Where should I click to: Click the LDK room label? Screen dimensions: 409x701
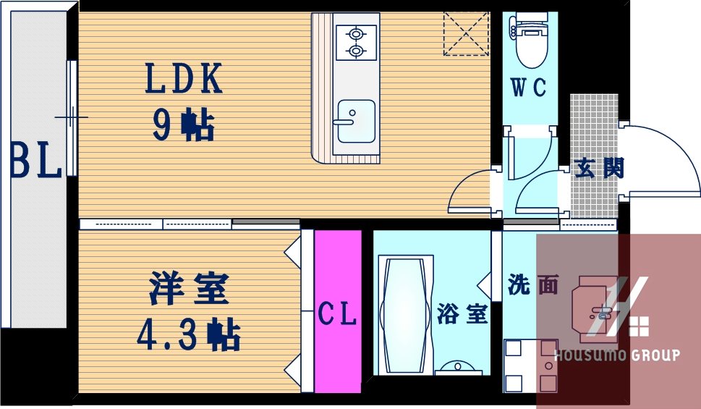pyautogui.click(x=184, y=79)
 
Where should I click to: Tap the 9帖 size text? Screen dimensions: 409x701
pyautogui.click(x=183, y=126)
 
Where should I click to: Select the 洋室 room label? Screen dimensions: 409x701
pyautogui.click(x=190, y=288)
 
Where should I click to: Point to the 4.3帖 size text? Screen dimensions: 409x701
pyautogui.click(x=189, y=334)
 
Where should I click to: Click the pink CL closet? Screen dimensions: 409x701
pyautogui.click(x=338, y=312)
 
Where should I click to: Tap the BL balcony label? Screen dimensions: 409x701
pyautogui.click(x=35, y=161)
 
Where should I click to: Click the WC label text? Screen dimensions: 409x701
pyautogui.click(x=529, y=88)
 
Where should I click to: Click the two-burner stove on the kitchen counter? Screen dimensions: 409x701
pyautogui.click(x=356, y=42)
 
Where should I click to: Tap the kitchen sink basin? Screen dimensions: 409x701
pyautogui.click(x=355, y=120)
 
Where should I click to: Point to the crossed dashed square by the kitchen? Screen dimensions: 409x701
pyautogui.click(x=465, y=33)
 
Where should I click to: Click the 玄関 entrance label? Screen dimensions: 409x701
pyautogui.click(x=598, y=168)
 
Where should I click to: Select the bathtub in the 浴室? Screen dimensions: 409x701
pyautogui.click(x=405, y=315)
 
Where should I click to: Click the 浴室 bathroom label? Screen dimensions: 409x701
pyautogui.click(x=462, y=313)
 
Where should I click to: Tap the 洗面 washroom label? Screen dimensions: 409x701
pyautogui.click(x=533, y=285)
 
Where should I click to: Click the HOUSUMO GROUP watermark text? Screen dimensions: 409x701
pyautogui.click(x=616, y=355)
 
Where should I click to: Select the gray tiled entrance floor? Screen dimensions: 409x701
pyautogui.click(x=595, y=130)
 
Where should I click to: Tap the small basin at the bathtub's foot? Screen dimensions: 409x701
pyautogui.click(x=457, y=366)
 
